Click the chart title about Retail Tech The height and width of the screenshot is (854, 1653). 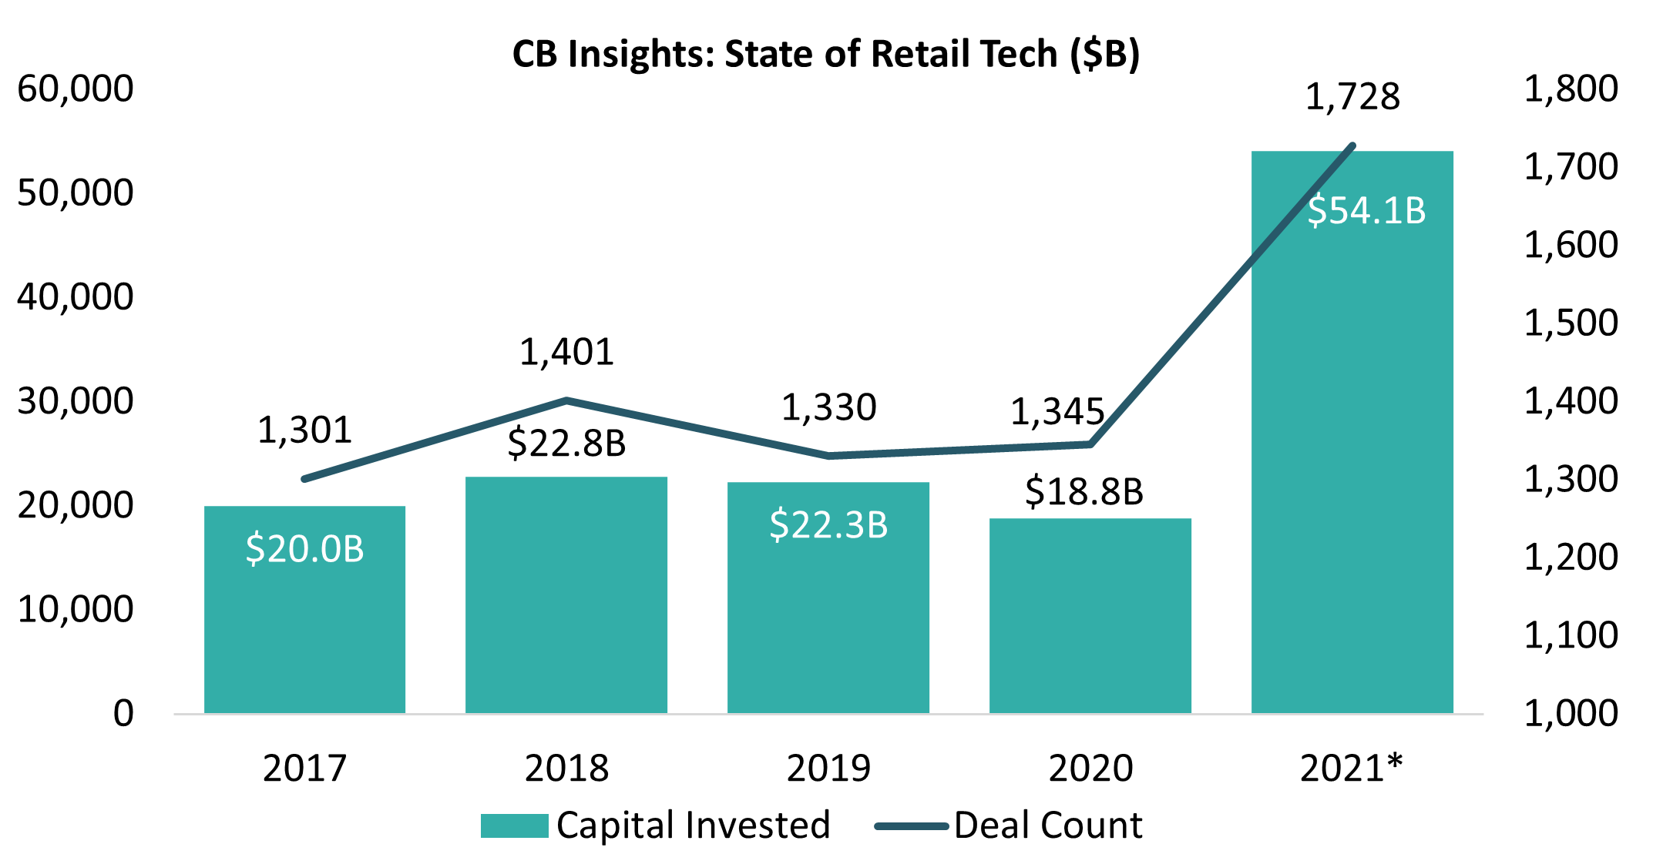click(825, 55)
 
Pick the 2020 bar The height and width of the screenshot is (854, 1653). click(1090, 616)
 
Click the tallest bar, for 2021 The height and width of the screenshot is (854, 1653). click(1352, 462)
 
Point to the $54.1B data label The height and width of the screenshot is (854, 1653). click(1366, 211)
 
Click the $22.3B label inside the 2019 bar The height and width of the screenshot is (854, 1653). click(828, 525)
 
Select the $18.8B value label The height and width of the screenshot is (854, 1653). click(1084, 492)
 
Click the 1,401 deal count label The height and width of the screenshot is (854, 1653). click(566, 353)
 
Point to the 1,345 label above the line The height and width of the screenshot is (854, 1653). click(1057, 413)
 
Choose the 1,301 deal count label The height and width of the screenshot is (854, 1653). click(304, 430)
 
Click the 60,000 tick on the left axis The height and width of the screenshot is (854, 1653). click(76, 89)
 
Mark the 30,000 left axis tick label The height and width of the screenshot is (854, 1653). click(76, 402)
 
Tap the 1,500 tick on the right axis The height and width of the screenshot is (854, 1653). click(1571, 323)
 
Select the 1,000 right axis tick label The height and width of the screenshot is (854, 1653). click(1571, 714)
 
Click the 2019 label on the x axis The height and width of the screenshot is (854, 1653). click(828, 769)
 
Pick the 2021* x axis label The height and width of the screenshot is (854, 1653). click(1351, 769)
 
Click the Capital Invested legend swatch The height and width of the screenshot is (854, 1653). click(514, 826)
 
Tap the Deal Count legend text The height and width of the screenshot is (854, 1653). click(1048, 826)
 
